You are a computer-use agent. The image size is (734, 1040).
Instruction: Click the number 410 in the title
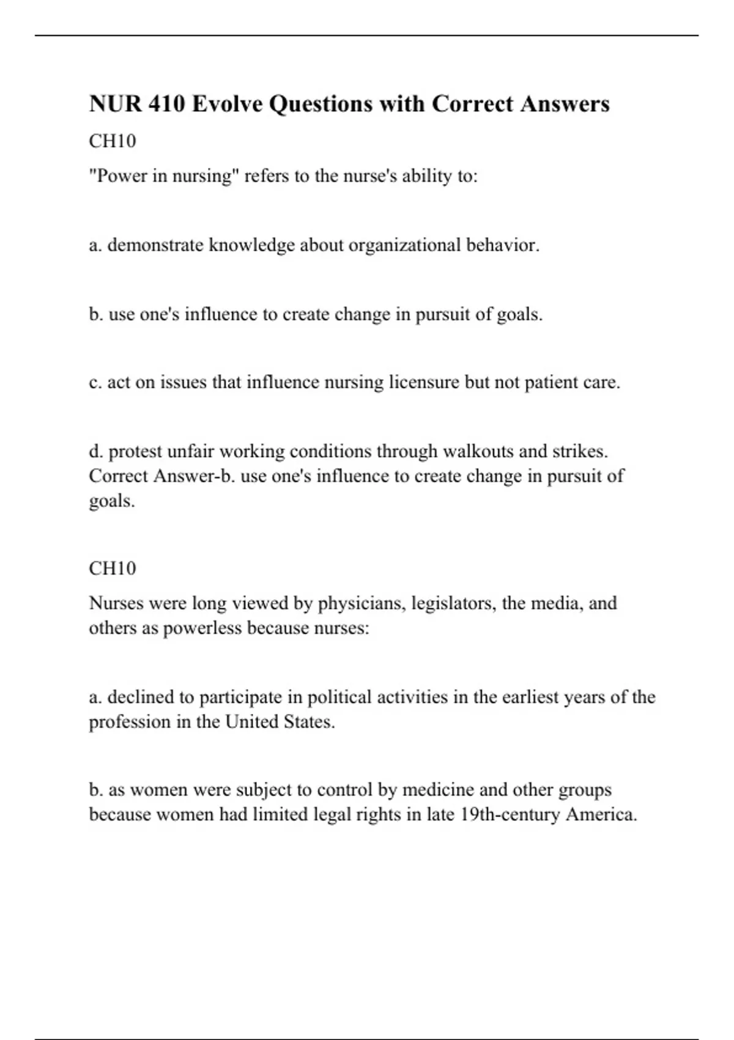coord(166,104)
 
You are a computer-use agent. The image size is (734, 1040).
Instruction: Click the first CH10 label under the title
coord(113,141)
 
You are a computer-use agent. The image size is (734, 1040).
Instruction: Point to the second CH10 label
coord(113,568)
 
